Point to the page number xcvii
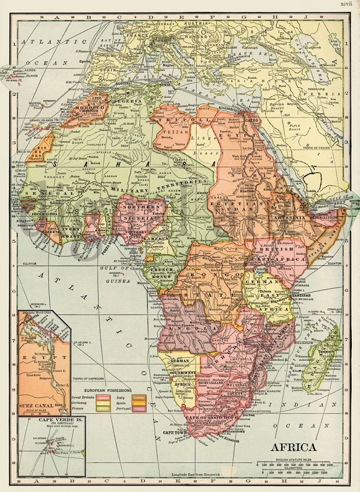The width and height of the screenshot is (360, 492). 346,4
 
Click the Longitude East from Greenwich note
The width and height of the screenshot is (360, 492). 193,475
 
